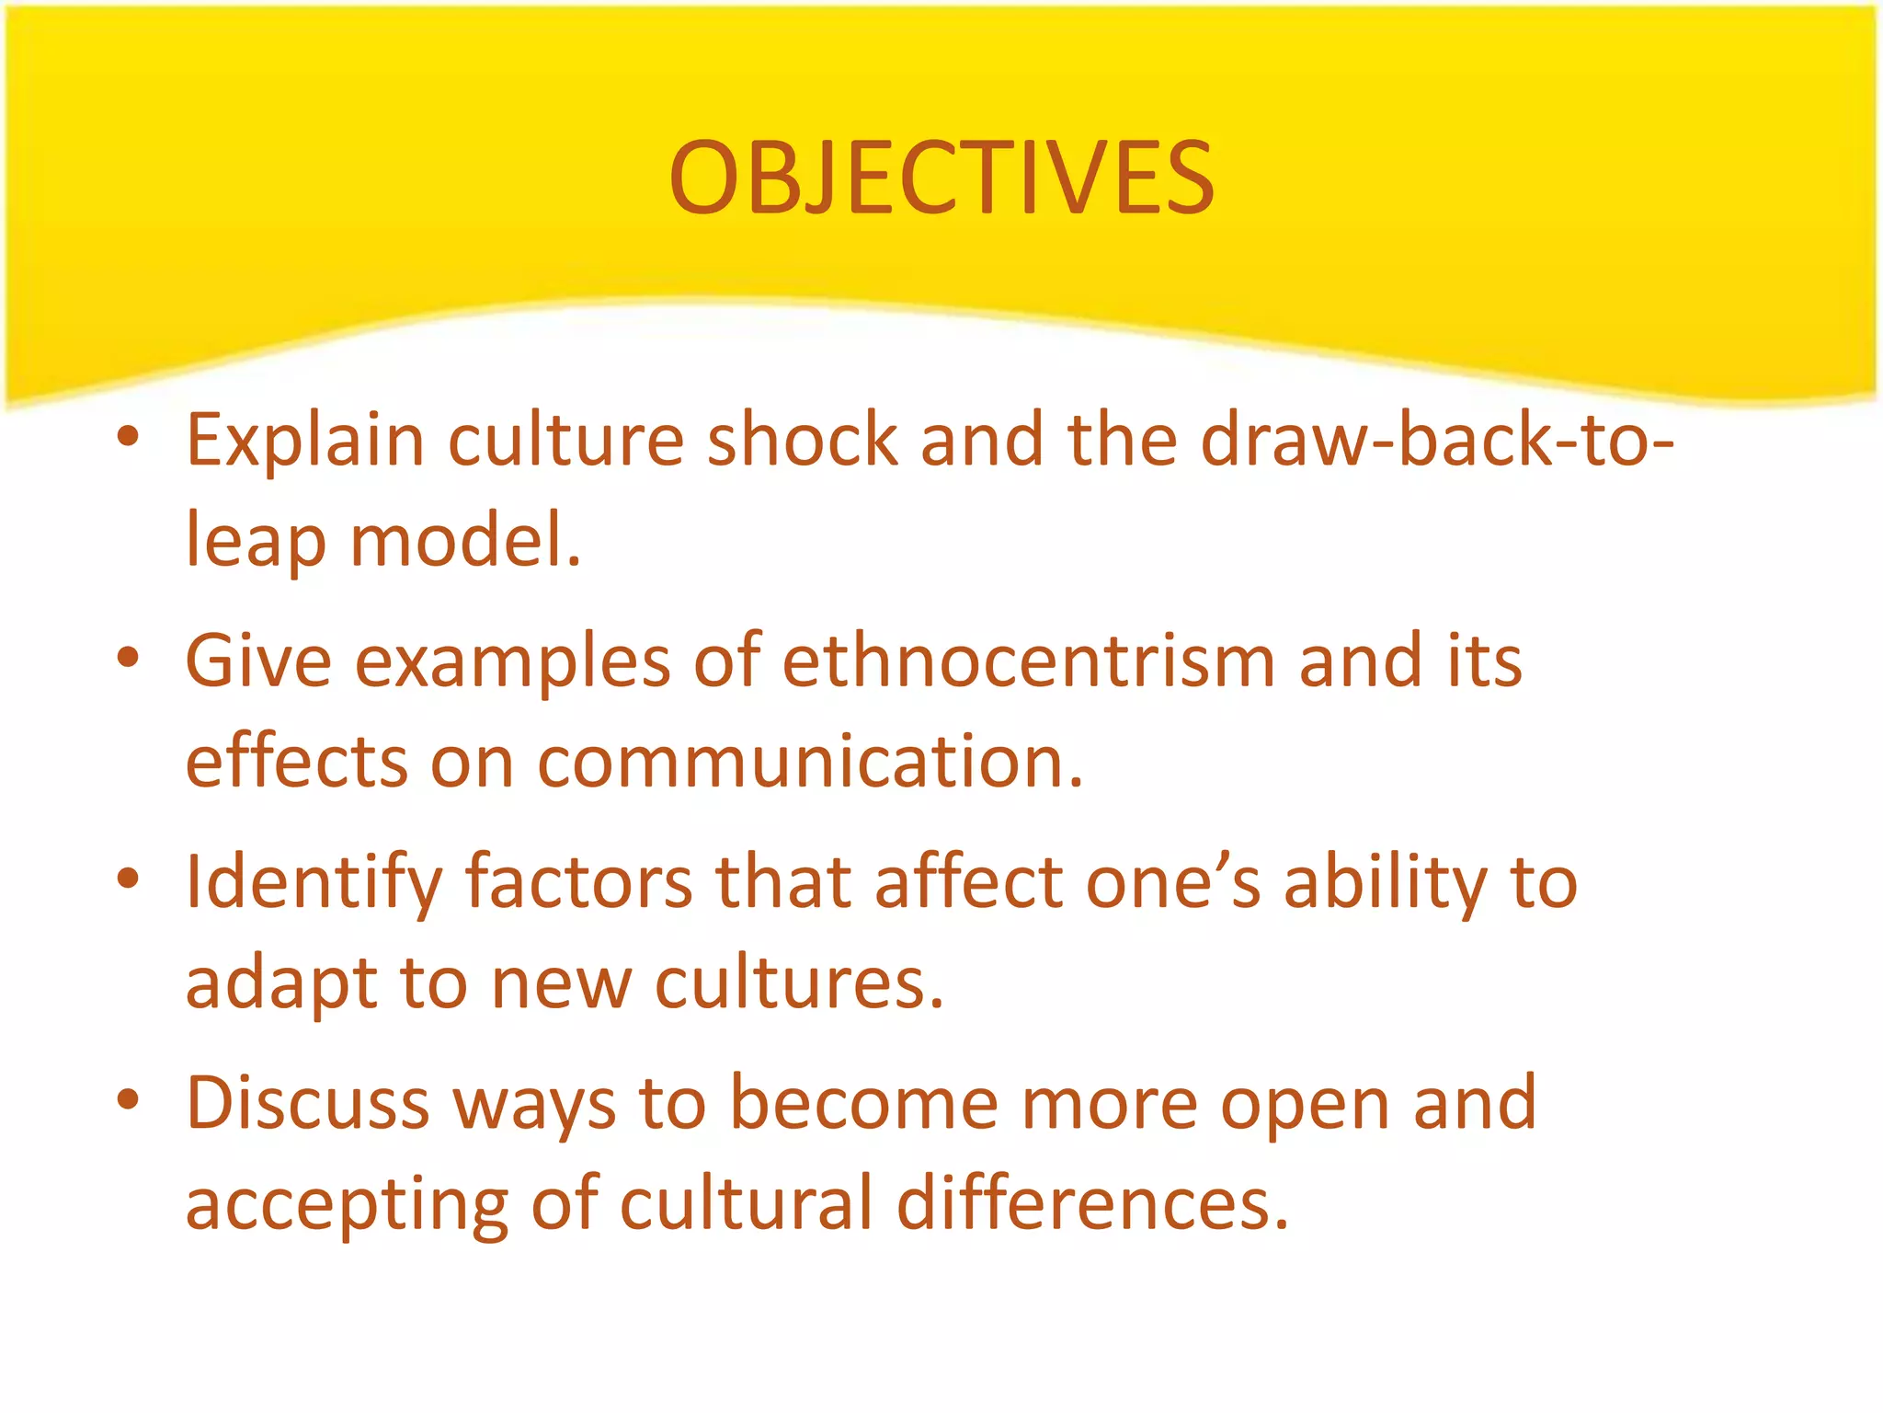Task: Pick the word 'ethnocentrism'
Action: click(x=1029, y=661)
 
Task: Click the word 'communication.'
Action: click(x=810, y=762)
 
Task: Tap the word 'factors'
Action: click(x=579, y=881)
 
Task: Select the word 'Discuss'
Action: click(x=308, y=1102)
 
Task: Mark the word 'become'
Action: click(x=863, y=1102)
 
